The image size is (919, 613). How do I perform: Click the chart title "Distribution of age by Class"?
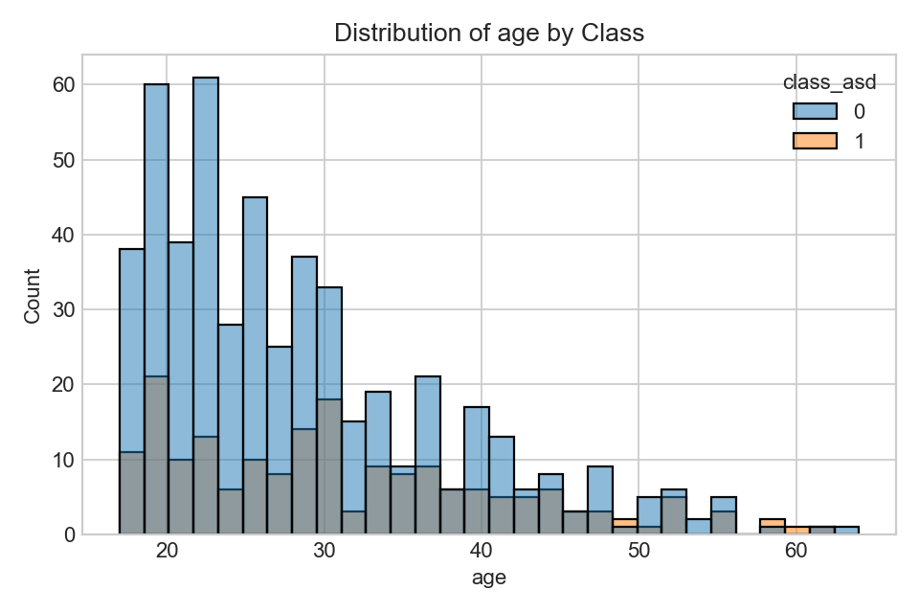click(488, 34)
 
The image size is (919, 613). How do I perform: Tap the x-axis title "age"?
click(488, 578)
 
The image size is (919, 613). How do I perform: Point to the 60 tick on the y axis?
click(64, 84)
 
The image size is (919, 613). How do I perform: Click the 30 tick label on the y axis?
click(64, 309)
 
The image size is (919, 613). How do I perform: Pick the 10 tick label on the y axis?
click(64, 460)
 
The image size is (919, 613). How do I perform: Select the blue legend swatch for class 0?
click(815, 112)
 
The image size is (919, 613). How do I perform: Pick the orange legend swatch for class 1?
click(815, 141)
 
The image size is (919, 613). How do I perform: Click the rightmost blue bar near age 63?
click(846, 531)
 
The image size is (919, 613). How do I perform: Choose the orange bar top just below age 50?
click(624, 523)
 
